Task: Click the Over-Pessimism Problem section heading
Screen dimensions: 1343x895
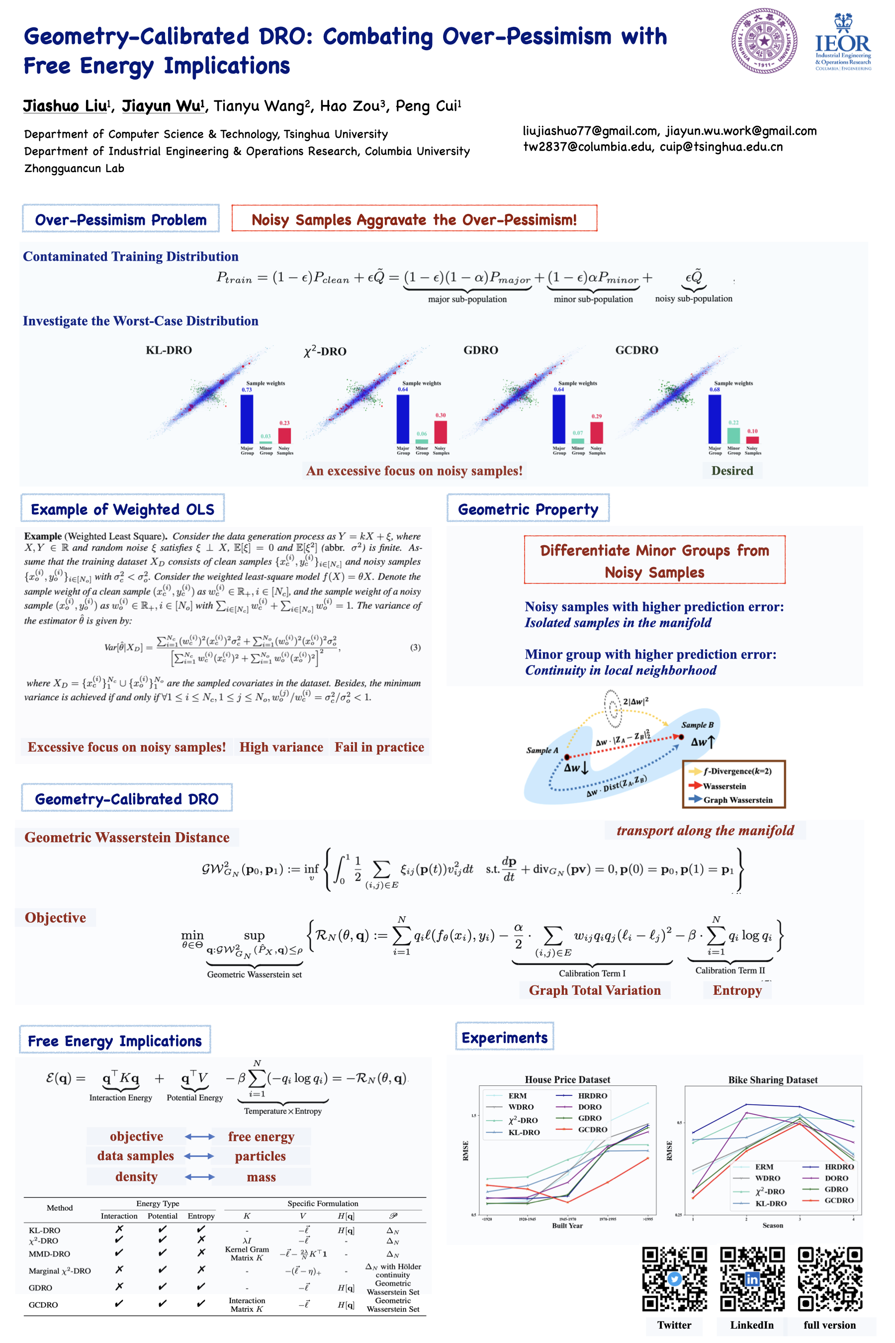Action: [120, 220]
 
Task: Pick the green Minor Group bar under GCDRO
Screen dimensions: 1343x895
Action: [733, 435]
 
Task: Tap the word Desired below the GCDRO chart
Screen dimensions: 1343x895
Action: [732, 471]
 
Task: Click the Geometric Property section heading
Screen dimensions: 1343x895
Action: [528, 509]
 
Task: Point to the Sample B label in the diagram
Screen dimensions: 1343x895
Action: [697, 725]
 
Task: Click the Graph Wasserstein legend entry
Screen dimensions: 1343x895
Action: [737, 799]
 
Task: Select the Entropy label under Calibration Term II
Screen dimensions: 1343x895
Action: [737, 990]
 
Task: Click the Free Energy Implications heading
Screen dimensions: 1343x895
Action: [115, 1041]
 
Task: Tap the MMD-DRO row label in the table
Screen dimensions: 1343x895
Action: [49, 1254]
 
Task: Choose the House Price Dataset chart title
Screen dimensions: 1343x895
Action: [567, 1079]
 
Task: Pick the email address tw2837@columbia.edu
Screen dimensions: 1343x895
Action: [587, 147]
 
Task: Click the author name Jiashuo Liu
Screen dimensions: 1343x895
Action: [65, 106]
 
